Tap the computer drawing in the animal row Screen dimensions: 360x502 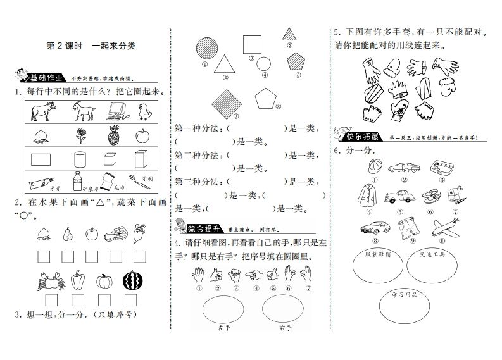coord(115,113)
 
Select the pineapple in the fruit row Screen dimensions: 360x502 coord(114,135)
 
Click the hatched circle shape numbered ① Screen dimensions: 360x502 coord(205,48)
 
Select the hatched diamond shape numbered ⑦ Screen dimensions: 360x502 coord(225,100)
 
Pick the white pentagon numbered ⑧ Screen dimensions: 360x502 coord(266,98)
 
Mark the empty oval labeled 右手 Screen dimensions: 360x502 coord(284,309)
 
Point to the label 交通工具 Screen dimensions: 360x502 coord(433,254)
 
